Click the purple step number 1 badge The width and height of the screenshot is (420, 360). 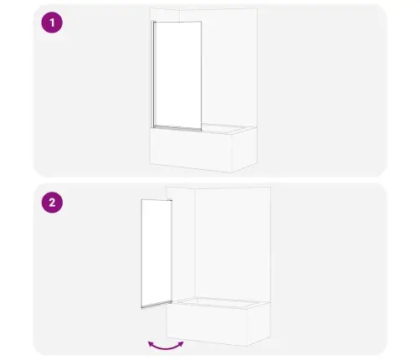pyautogui.click(x=52, y=23)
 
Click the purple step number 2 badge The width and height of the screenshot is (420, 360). pyautogui.click(x=52, y=203)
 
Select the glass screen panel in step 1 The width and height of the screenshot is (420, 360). pyautogui.click(x=177, y=75)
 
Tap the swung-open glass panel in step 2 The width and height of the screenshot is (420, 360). pyautogui.click(x=156, y=253)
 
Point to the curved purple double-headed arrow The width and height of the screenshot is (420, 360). pyautogui.click(x=166, y=347)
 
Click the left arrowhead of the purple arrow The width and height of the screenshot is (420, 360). pyautogui.click(x=151, y=344)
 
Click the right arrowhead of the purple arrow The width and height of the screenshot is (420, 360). pyautogui.click(x=181, y=344)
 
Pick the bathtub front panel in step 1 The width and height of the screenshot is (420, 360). pyautogui.click(x=192, y=150)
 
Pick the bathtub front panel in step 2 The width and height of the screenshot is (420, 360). pyautogui.click(x=207, y=325)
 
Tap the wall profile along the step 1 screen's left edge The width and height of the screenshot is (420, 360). pyautogui.click(x=153, y=74)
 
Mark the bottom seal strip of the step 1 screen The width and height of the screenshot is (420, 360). pyautogui.click(x=177, y=127)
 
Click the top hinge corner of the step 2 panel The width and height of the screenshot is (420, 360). pyautogui.click(x=171, y=200)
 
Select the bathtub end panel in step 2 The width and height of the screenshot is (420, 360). pyautogui.click(x=259, y=324)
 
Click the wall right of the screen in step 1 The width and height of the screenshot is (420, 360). pyautogui.click(x=228, y=67)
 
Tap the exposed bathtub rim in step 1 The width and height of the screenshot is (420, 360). pyautogui.click(x=228, y=129)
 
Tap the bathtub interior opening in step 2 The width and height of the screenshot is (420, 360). pyautogui.click(x=220, y=302)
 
